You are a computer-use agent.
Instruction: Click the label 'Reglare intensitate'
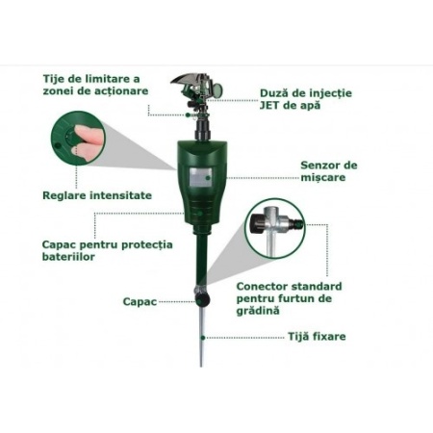click(x=97, y=195)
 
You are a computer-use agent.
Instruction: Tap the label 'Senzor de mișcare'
click(x=329, y=171)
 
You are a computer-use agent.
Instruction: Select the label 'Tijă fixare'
click(x=317, y=337)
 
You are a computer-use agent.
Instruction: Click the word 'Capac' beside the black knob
click(x=140, y=302)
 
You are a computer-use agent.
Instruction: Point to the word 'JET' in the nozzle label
click(x=269, y=105)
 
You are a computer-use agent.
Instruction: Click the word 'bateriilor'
click(x=68, y=257)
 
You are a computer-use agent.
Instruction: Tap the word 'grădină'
click(x=258, y=311)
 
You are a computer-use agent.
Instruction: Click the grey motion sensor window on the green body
click(x=200, y=178)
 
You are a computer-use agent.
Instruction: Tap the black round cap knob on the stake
click(x=203, y=299)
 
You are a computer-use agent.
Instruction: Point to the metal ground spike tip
click(x=201, y=365)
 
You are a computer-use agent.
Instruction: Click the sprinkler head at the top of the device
click(x=196, y=89)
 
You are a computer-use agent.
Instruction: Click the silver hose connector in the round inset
click(x=275, y=228)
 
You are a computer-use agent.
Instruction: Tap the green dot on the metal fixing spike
click(x=203, y=338)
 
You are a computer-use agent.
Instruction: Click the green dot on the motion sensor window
click(x=208, y=178)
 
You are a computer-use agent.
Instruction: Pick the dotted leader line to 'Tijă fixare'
click(x=245, y=338)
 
